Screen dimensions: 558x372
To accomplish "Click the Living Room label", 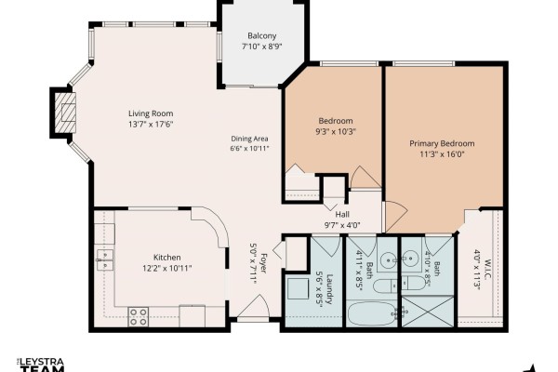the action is tap(151, 113).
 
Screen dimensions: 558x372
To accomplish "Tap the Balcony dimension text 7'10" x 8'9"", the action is tap(262, 46).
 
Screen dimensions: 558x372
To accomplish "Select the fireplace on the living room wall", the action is tap(64, 113).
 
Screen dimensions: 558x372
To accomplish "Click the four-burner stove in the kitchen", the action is tap(139, 316).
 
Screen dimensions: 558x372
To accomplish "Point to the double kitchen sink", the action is tap(105, 260).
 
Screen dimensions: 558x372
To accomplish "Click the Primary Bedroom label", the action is tap(442, 143).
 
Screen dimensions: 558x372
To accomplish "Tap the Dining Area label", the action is tap(249, 139).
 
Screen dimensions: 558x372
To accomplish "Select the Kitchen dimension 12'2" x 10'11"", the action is tap(166, 268).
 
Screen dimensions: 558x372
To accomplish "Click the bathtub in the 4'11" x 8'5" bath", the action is tap(372, 314).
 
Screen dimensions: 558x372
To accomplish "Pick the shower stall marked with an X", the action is tap(428, 312).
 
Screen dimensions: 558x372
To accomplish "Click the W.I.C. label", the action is tap(486, 269).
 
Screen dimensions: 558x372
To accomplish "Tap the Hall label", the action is tap(342, 214).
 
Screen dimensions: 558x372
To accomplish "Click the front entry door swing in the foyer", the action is tap(253, 306).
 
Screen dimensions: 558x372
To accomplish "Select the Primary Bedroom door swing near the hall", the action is tap(396, 217).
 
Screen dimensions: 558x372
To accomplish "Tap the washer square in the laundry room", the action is tap(298, 289).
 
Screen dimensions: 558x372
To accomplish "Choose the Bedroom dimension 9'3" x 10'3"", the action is tap(336, 131).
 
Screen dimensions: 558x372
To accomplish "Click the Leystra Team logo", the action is tap(42, 365).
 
